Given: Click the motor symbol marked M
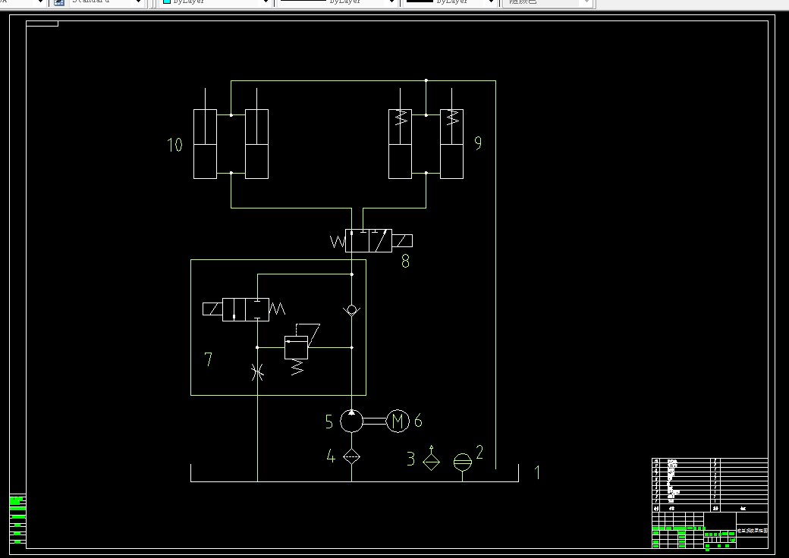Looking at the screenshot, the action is [398, 421].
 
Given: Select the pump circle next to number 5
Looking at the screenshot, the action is [351, 420].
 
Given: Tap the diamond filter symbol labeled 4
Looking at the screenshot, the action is [351, 456].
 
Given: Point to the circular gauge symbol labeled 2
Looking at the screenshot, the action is [462, 462].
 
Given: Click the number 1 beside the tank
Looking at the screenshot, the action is [538, 472].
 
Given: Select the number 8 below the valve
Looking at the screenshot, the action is [405, 262].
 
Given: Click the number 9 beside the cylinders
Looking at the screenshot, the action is [478, 143].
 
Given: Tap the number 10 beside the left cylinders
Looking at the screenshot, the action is [175, 145].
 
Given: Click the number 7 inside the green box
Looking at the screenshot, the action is [209, 359].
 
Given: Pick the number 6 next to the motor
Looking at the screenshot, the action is [418, 420].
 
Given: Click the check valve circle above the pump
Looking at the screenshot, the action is [351, 310].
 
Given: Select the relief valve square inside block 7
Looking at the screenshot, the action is [296, 348].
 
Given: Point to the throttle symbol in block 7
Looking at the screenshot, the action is [258, 371].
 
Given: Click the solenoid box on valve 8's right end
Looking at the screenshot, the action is [403, 241].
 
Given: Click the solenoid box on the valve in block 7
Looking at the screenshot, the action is [212, 309].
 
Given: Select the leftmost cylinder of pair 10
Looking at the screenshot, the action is [205, 144].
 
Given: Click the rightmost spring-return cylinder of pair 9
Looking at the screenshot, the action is [452, 144].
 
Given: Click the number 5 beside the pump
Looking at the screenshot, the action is [329, 421].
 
